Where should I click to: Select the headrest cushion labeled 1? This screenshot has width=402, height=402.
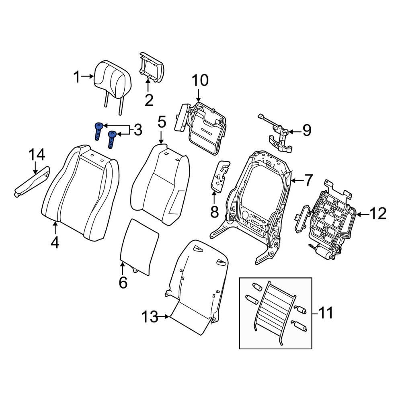click(112, 76)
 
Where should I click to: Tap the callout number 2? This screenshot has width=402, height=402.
click(149, 100)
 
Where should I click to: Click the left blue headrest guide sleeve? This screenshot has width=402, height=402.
click(98, 131)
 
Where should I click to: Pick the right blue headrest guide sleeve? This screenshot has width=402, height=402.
click(111, 139)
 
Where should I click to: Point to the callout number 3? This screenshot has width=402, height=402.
click(138, 130)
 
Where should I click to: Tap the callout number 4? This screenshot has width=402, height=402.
click(55, 242)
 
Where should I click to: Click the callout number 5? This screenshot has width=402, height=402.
click(161, 121)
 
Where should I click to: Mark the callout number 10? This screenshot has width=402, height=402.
click(199, 81)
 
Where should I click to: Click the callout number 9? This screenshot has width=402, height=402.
click(307, 130)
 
